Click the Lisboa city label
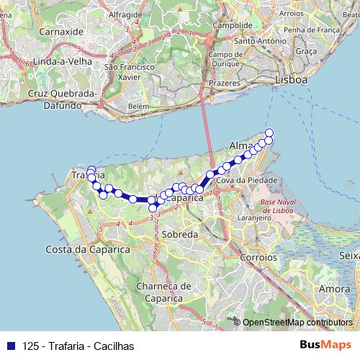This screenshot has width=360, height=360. pos(291,81)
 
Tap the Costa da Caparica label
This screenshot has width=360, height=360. pos(87,248)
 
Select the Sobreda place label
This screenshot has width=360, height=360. pos(179,235)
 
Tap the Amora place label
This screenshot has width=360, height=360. pos(333,288)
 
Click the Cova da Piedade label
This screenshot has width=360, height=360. pos(243,179)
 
